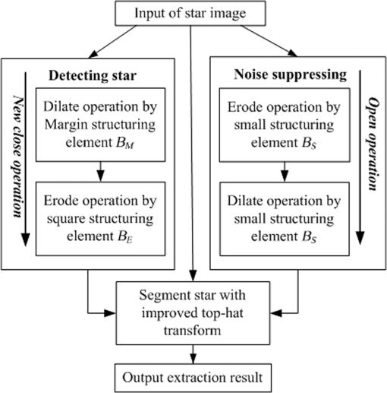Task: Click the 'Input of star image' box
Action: [190, 13]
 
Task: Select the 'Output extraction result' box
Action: [193, 378]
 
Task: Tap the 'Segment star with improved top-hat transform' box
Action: [193, 313]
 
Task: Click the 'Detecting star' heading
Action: [93, 75]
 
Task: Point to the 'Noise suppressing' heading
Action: [290, 74]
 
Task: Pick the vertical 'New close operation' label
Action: [17, 157]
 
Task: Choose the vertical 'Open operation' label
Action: [373, 144]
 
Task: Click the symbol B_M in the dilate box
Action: [124, 144]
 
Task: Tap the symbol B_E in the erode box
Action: [125, 237]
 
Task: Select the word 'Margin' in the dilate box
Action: [66, 125]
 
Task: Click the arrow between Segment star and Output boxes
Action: [193, 354]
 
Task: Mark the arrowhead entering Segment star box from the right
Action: [276, 313]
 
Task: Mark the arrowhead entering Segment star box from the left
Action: [110, 313]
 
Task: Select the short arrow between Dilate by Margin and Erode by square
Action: [101, 172]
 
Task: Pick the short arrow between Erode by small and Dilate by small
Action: [285, 172]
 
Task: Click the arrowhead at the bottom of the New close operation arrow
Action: [25, 239]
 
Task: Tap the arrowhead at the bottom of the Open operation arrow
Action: [360, 238]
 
